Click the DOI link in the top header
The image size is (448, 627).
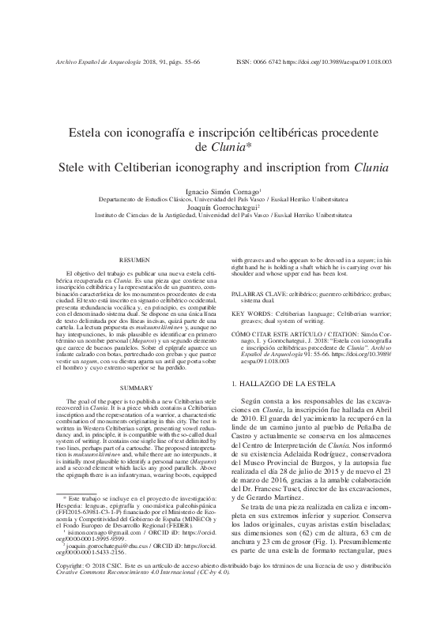[x=348, y=61]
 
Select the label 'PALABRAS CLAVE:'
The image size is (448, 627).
[x=260, y=293]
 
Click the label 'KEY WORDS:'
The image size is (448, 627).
[x=254, y=313]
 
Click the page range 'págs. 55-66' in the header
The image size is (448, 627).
[x=182, y=61]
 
